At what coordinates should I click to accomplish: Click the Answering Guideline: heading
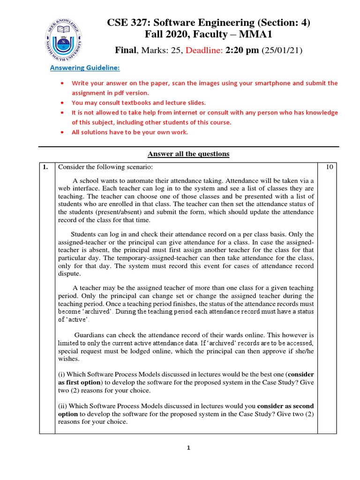[85, 68]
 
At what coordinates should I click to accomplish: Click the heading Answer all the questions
[188, 154]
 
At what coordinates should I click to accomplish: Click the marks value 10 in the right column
[330, 166]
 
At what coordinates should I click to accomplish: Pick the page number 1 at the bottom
[188, 448]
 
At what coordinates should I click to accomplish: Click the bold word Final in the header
[125, 50]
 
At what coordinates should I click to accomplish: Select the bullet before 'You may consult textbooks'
[63, 102]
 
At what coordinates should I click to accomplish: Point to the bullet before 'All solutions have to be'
[63, 132]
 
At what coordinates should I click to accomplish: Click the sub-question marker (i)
[62, 375]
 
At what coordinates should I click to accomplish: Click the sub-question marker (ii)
[63, 405]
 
